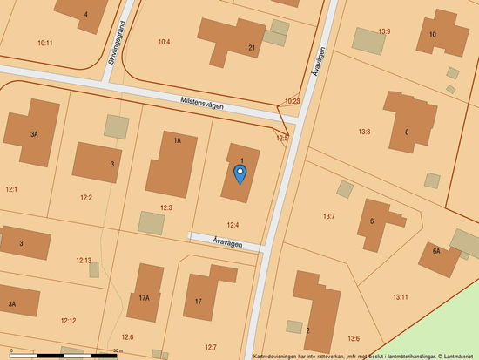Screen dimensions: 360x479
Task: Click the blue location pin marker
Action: click(240, 173)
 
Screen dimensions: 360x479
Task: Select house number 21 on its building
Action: click(251, 47)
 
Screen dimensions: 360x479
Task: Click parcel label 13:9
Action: click(384, 31)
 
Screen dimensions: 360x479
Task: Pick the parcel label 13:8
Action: click(364, 132)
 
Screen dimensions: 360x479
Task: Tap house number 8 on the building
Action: click(406, 132)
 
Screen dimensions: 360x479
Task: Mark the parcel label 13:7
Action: click(329, 215)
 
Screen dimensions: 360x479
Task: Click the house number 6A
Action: click(435, 251)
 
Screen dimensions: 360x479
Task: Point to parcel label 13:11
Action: click(400, 297)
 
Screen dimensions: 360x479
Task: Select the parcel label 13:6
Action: click(353, 338)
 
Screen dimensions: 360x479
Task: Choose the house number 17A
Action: click(144, 297)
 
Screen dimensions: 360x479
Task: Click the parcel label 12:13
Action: click(84, 260)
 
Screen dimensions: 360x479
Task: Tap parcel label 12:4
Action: click(233, 225)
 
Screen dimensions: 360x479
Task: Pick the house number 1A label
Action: click(177, 140)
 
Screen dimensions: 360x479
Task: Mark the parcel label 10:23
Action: click(292, 101)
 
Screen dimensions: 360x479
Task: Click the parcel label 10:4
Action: click(164, 42)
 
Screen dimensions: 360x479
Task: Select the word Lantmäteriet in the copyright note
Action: click(456, 356)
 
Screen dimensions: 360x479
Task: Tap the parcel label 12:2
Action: click(85, 197)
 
